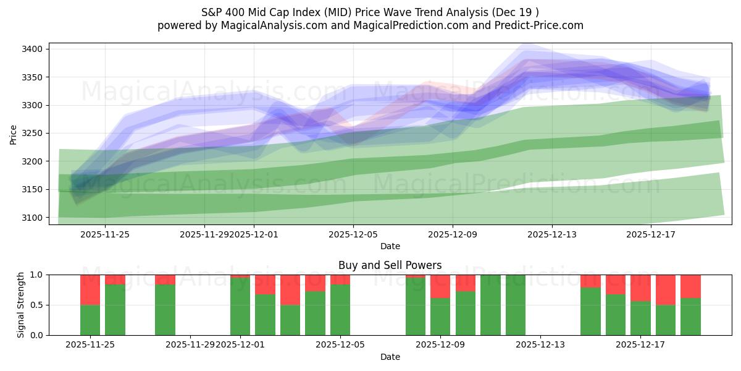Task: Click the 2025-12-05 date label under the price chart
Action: (x=353, y=234)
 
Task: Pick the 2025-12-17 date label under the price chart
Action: (x=651, y=234)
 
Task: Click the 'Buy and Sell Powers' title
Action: (x=390, y=265)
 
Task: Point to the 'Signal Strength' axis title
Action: (x=21, y=305)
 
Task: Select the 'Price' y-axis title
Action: (x=14, y=134)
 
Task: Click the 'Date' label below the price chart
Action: (x=390, y=246)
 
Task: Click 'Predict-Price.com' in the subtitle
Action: (x=535, y=25)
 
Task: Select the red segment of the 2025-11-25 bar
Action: (x=90, y=289)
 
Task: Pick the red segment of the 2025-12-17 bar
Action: (x=640, y=288)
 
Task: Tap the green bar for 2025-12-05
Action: (x=340, y=310)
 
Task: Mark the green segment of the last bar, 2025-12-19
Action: (x=690, y=317)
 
